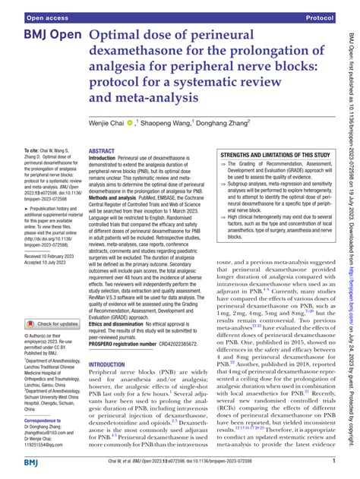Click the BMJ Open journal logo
[x=44, y=36]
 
